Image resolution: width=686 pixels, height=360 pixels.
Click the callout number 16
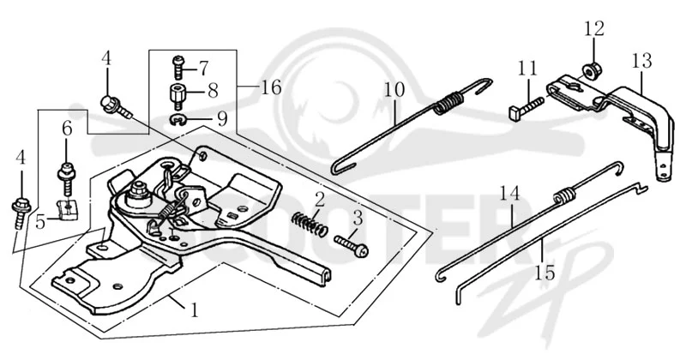pyautogui.click(x=271, y=88)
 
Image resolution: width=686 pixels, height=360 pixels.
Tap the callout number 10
pyautogui.click(x=394, y=90)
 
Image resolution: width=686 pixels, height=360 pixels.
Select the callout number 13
pyautogui.click(x=641, y=61)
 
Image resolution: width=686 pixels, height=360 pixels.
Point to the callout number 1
pyautogui.click(x=194, y=310)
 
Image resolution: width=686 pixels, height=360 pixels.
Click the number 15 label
pyautogui.click(x=545, y=273)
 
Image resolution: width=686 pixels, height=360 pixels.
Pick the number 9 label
pyautogui.click(x=222, y=118)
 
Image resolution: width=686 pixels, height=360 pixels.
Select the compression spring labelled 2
pyautogui.click(x=310, y=224)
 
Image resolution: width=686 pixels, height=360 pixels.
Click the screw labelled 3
pyautogui.click(x=352, y=245)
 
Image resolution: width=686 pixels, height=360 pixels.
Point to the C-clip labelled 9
pyautogui.click(x=178, y=118)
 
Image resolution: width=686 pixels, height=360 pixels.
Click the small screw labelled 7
pyautogui.click(x=178, y=67)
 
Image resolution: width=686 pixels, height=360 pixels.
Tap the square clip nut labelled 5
pyautogui.click(x=68, y=209)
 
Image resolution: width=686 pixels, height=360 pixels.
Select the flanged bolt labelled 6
pyautogui.click(x=67, y=179)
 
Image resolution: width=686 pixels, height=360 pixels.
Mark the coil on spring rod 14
pyautogui.click(x=564, y=195)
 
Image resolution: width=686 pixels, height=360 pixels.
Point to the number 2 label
pyautogui.click(x=320, y=200)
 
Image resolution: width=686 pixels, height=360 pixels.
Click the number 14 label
pyautogui.click(x=510, y=194)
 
